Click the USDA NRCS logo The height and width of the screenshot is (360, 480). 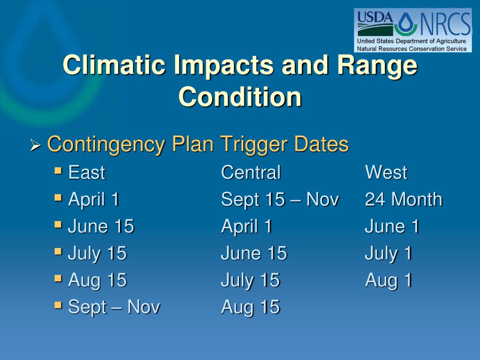point(412,30)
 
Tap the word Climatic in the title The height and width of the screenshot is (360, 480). point(114,65)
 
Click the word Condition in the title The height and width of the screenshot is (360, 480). point(240,97)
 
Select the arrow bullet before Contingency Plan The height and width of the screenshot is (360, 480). point(36,145)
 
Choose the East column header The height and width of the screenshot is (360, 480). point(87,172)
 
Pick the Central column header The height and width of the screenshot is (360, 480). point(251,172)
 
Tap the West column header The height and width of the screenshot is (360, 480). point(386,172)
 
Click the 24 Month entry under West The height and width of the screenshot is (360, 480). point(404,199)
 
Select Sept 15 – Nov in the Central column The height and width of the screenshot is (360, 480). point(280,199)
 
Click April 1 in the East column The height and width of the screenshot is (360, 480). point(94,200)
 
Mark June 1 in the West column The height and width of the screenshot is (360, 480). point(392,226)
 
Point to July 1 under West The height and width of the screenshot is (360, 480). point(389,254)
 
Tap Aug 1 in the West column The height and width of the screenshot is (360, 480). point(389,281)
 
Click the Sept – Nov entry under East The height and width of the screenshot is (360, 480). point(114,307)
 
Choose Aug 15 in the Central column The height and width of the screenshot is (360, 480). point(250,307)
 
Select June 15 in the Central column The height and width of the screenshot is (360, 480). point(254,253)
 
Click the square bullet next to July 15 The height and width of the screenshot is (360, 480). point(58,252)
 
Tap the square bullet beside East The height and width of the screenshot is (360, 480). point(58,171)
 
